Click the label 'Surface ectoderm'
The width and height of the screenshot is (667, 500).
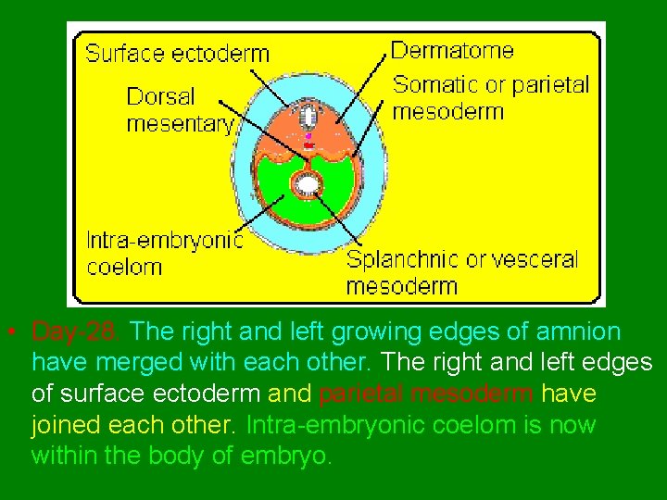click(x=178, y=53)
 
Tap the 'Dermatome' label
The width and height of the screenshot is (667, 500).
click(x=451, y=49)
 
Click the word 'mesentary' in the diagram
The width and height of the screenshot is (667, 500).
click(x=180, y=124)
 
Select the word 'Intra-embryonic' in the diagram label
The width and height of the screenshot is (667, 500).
click(x=165, y=241)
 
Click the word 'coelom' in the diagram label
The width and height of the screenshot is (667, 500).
click(x=124, y=268)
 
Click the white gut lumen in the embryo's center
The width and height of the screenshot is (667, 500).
click(x=307, y=185)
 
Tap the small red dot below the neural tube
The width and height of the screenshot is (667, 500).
click(x=308, y=145)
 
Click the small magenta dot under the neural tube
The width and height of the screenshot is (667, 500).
click(x=308, y=136)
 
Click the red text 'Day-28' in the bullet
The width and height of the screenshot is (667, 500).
click(x=79, y=331)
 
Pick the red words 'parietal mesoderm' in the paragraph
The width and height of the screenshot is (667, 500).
click(x=426, y=394)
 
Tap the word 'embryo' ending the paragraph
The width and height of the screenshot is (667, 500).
click(x=295, y=457)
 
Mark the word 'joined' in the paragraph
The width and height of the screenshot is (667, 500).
click(x=61, y=426)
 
